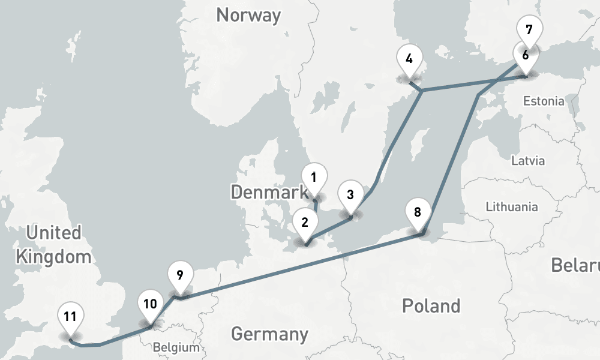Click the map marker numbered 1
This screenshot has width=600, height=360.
[314, 178]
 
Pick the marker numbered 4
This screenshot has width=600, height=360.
[410, 60]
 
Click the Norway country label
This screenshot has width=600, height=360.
[248, 15]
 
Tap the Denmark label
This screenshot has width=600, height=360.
[268, 192]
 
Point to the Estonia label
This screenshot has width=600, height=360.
[544, 101]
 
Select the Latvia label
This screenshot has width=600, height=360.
[528, 161]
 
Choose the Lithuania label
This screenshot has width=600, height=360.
[512, 207]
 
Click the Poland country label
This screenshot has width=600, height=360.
[431, 305]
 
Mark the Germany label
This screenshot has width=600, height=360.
[269, 333]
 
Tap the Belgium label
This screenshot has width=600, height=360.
[175, 347]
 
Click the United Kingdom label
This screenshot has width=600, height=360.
[53, 245]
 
